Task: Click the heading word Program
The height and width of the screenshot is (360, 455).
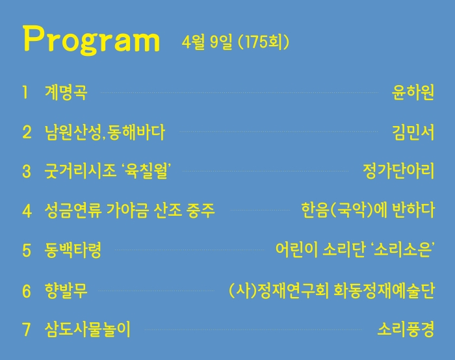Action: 92,40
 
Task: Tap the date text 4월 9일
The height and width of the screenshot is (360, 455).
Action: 207,42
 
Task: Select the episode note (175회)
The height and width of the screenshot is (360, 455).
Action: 263,42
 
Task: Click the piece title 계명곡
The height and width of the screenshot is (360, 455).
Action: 66,92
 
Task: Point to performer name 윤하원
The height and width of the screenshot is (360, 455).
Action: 413,92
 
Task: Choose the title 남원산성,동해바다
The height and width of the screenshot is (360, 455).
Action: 105,133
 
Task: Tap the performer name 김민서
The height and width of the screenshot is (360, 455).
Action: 413,133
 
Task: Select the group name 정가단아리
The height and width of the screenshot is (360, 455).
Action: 398,171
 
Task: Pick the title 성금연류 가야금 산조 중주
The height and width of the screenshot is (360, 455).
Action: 130,210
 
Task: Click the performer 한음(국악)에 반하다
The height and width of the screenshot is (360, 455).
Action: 368,210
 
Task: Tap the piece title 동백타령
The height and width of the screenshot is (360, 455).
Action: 73,250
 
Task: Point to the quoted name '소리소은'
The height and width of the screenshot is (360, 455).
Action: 404,250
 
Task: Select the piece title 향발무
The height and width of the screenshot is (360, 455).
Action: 66,290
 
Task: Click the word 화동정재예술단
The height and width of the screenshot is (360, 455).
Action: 384,290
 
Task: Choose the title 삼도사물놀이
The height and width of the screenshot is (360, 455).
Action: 88,329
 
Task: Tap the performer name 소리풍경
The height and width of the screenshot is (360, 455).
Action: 406,329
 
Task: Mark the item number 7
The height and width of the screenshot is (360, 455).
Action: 27,330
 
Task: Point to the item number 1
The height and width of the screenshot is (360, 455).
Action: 25,92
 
